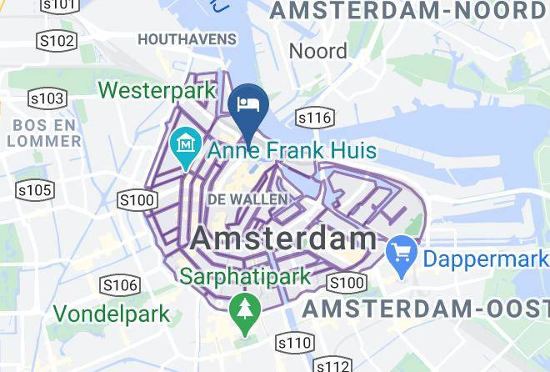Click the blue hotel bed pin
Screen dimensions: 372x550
click(x=247, y=106)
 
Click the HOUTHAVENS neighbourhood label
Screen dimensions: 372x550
click(x=187, y=39)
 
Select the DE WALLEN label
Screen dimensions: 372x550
click(x=247, y=199)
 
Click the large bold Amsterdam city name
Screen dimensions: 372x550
click(x=283, y=238)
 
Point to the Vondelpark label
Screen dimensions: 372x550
click(x=112, y=314)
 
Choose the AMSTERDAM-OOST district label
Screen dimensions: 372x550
click(x=426, y=309)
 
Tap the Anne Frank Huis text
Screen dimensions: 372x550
click(x=292, y=152)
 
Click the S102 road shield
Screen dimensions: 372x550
click(x=57, y=41)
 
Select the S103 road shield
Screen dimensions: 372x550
click(x=47, y=99)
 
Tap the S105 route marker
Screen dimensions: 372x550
click(x=35, y=191)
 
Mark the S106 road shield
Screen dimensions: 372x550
click(x=120, y=285)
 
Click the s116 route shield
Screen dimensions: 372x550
click(x=314, y=118)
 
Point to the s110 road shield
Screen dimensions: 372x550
click(x=294, y=343)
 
